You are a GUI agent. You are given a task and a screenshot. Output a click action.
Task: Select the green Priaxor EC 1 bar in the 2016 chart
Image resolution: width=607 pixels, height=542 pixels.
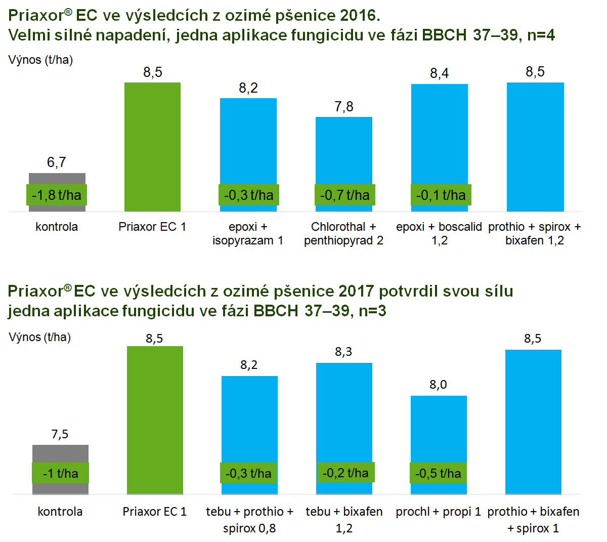click(152, 147)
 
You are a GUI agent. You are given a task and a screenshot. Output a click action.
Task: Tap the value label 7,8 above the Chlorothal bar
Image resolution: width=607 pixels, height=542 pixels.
click(344, 107)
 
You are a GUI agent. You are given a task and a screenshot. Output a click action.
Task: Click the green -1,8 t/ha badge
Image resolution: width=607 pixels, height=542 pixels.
click(57, 195)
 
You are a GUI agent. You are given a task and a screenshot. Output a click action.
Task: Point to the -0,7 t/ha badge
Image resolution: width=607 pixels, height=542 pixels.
click(344, 195)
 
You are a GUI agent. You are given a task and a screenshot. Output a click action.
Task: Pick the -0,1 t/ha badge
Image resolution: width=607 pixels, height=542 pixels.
click(441, 195)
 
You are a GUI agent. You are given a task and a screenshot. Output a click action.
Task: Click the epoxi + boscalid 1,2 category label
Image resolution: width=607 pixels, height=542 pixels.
click(439, 233)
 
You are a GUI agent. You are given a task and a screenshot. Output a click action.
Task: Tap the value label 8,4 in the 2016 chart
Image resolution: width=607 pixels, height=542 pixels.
click(439, 73)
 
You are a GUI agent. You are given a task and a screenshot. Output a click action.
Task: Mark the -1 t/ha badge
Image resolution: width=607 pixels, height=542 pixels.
click(60, 474)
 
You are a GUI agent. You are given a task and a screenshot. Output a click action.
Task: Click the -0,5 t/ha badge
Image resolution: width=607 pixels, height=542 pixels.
click(438, 474)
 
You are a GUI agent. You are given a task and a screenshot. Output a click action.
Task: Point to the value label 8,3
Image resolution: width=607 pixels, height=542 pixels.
click(343, 352)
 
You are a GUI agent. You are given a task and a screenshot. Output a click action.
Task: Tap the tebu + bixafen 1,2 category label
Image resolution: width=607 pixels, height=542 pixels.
click(344, 520)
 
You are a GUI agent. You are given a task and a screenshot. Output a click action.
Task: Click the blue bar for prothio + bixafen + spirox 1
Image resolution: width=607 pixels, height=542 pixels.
click(533, 420)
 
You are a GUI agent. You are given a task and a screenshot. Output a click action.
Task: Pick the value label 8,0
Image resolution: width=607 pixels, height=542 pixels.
click(438, 385)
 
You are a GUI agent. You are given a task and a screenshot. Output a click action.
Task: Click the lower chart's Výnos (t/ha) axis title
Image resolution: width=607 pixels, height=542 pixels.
click(40, 337)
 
